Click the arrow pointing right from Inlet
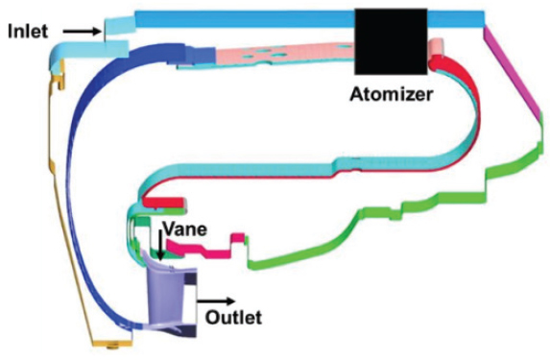pos(82,31)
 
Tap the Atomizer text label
pos(391,94)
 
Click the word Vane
pos(181,229)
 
